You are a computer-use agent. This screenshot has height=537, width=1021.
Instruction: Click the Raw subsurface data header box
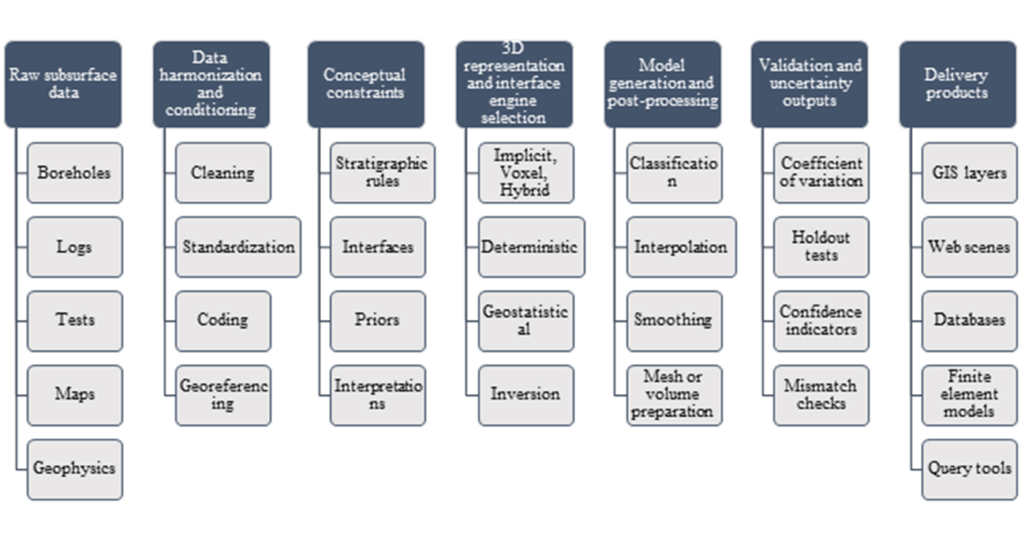62,84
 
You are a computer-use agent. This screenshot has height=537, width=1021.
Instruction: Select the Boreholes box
74,172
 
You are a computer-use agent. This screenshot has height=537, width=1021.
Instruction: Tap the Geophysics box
74,468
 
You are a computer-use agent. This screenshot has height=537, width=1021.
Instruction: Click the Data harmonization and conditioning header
211,84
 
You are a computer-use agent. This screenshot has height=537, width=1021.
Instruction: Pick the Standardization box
238,246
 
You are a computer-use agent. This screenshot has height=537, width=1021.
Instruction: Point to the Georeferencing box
223,394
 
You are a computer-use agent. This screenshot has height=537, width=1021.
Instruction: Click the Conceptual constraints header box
364,84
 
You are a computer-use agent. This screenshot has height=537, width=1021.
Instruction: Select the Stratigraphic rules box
382,172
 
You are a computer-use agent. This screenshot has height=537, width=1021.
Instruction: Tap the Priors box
377,320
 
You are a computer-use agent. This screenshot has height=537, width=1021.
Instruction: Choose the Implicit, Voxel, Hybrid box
525,172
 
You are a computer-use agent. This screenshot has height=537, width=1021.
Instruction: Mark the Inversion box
525,394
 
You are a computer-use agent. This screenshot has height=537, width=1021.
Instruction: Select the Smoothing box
673,320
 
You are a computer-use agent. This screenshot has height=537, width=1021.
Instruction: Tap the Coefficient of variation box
821,172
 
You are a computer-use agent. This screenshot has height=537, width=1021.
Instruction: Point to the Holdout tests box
821,246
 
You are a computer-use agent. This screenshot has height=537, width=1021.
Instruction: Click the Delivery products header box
957,84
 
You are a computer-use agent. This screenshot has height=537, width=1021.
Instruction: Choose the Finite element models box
969,394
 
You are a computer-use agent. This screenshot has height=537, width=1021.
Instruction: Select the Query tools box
969,468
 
